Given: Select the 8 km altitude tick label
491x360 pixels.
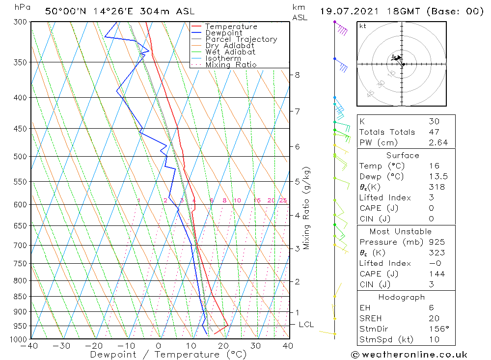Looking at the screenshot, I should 297,75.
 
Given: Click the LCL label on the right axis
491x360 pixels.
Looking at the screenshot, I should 306,325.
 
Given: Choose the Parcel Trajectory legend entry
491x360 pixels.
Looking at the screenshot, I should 241,39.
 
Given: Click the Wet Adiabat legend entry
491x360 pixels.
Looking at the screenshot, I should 230,52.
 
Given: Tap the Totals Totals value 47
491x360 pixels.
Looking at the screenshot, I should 434,132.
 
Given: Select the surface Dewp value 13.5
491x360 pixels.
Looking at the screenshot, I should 436,177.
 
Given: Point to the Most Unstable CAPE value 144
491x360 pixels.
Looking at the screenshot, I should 436,274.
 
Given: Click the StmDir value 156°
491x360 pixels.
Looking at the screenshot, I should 436,329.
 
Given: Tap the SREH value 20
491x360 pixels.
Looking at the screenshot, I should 434,318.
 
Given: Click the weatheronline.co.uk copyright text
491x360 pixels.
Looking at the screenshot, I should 409,355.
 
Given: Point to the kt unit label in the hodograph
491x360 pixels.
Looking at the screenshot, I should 363,26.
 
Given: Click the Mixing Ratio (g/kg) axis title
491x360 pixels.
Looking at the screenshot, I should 307,208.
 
